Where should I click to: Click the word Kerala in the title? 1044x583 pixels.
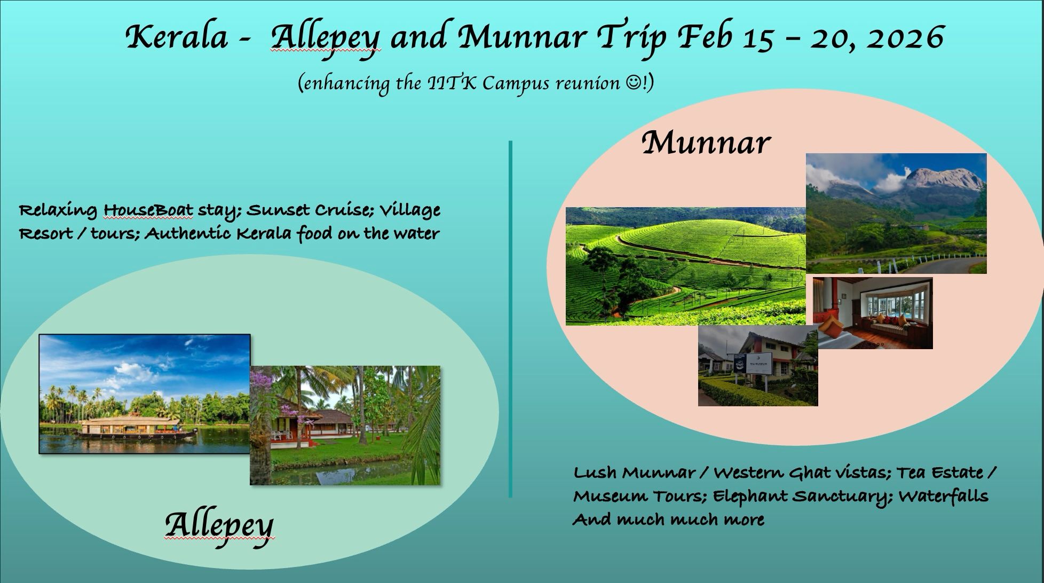coord(177,37)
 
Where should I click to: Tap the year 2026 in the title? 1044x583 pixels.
coord(904,37)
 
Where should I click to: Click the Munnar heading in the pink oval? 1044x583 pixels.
coord(706,143)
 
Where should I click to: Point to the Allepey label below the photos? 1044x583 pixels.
coord(219,525)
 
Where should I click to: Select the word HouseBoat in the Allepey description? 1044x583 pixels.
coord(148,210)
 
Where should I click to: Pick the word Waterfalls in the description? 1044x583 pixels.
coord(943,497)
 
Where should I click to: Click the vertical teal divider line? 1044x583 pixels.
coord(510,319)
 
